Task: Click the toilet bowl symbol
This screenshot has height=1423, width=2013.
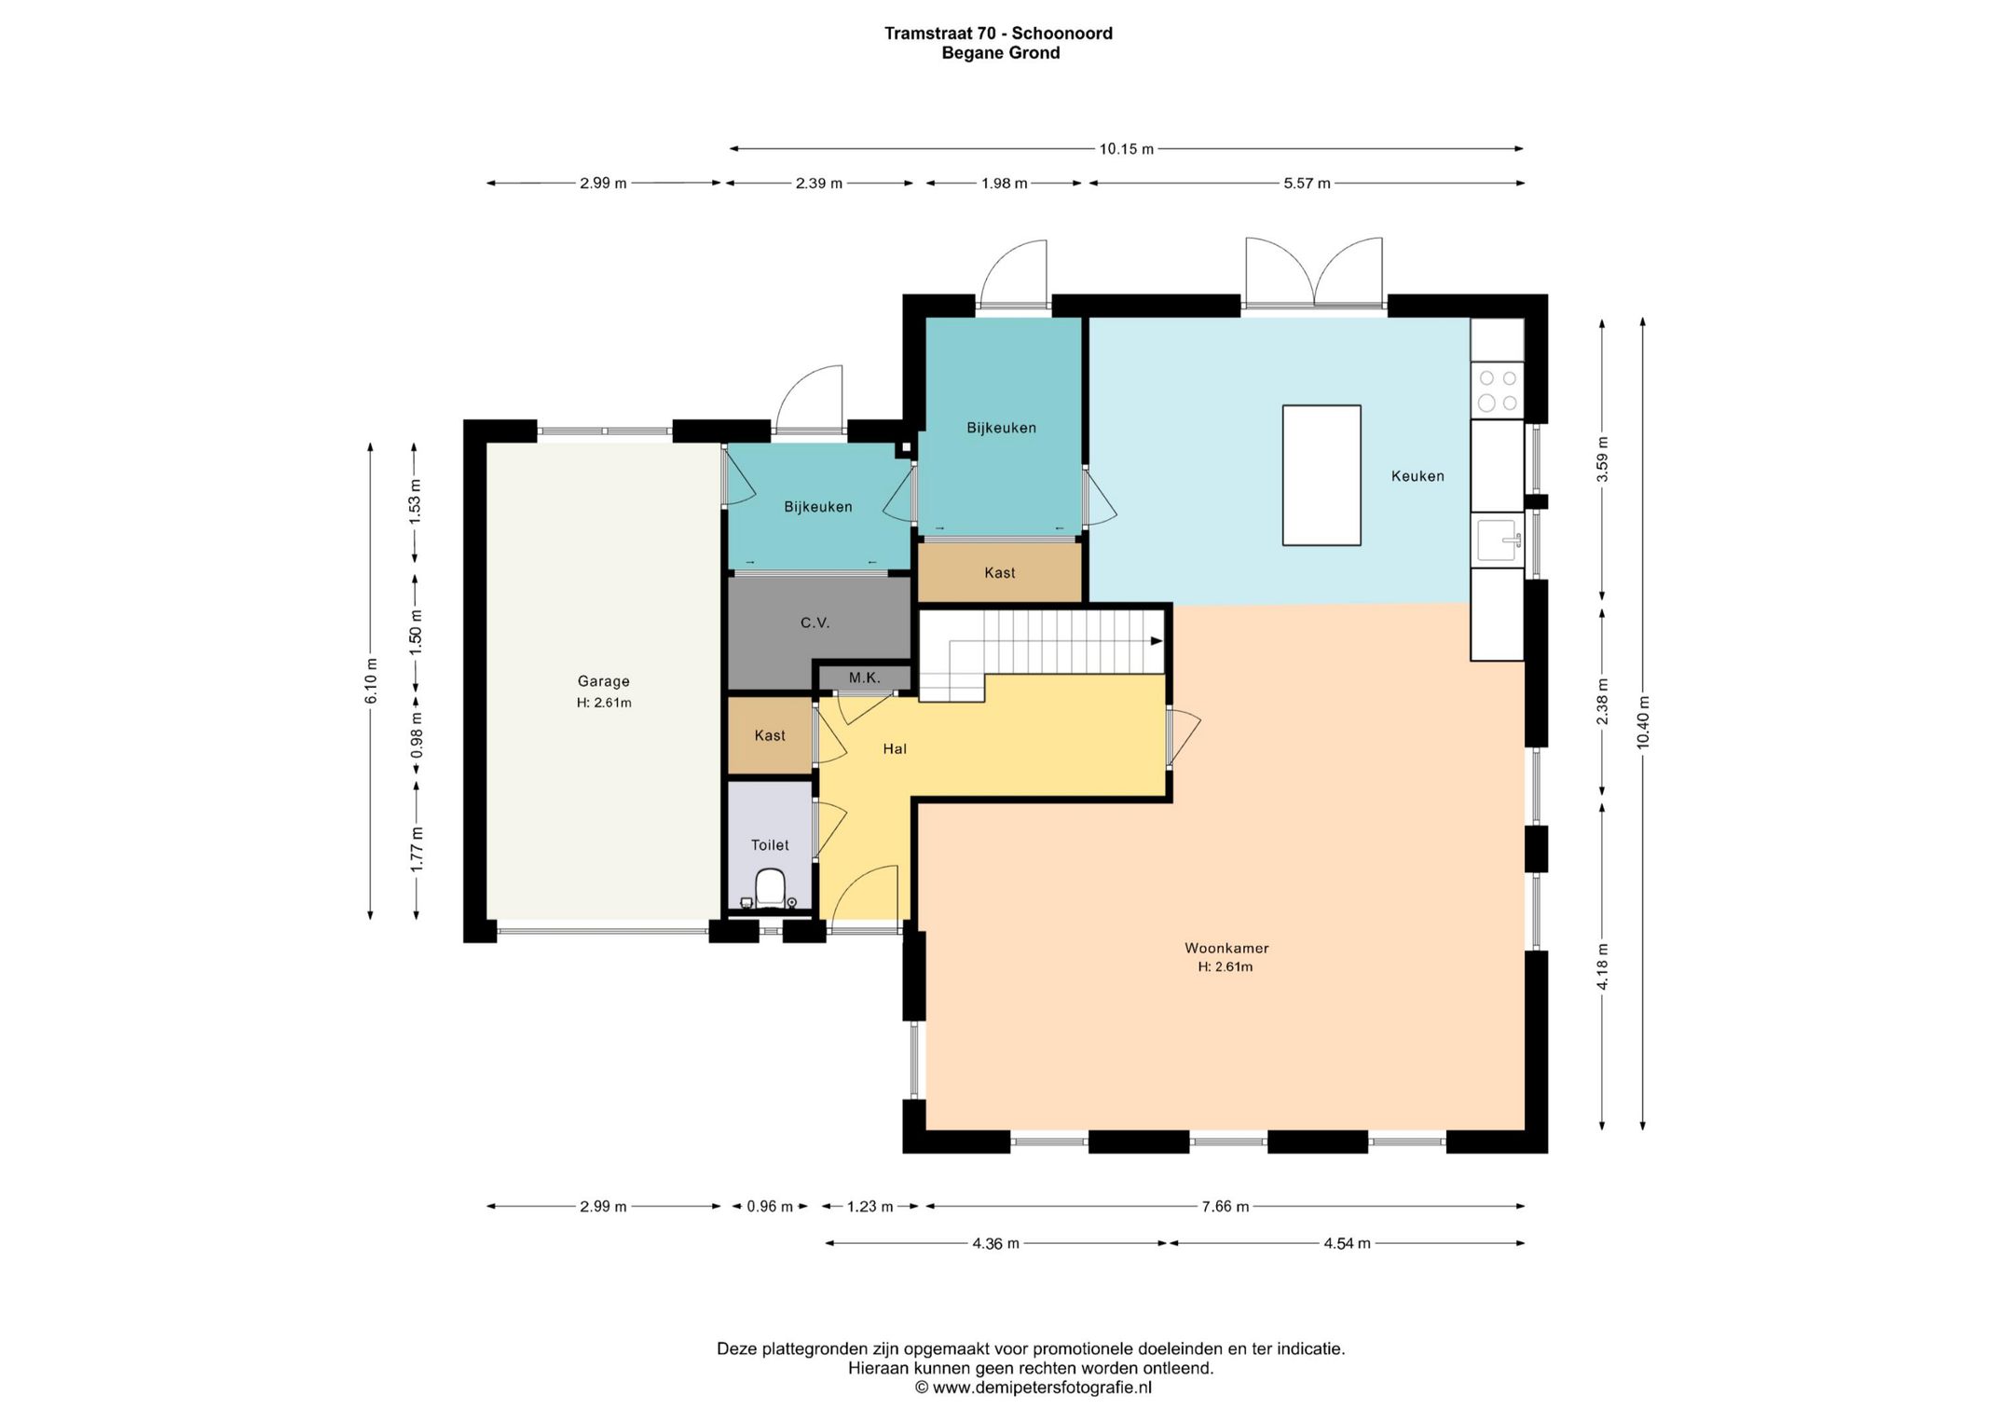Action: [x=770, y=888]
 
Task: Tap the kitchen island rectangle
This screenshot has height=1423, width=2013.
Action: [x=1321, y=475]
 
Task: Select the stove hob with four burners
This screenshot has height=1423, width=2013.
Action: [x=1498, y=390]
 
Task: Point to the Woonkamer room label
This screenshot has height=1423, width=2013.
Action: [x=1226, y=948]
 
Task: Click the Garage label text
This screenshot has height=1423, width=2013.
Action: [x=604, y=681]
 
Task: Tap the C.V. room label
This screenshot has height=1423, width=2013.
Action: [x=815, y=623]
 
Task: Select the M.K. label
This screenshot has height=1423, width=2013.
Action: [x=865, y=677]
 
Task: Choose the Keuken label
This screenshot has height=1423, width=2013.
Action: [x=1417, y=476]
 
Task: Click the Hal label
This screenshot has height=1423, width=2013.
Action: [x=895, y=748]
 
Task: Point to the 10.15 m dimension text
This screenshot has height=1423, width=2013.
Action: [x=1127, y=149]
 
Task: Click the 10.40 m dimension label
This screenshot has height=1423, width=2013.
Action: [x=1643, y=722]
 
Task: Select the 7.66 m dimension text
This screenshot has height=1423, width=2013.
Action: [x=1226, y=1206]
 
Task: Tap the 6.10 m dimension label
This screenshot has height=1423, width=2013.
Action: [x=371, y=681]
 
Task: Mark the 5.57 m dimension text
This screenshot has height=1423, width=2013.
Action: [x=1307, y=184]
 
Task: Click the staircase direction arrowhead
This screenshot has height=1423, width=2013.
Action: [x=1157, y=641]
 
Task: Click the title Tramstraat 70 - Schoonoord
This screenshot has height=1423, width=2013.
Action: [x=998, y=34]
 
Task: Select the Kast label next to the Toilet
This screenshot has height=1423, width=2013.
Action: [x=770, y=735]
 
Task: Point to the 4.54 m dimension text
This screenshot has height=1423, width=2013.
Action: [x=1347, y=1243]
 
